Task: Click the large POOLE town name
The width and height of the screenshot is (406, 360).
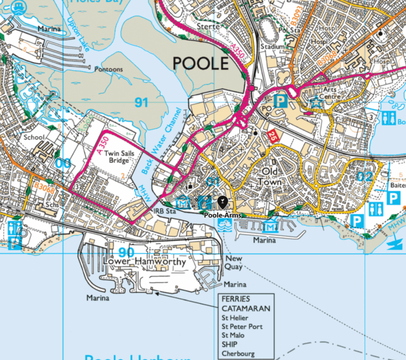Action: (200, 63)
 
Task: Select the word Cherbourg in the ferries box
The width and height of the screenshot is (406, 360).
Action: (238, 353)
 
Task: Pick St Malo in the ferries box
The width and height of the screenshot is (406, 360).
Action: (234, 336)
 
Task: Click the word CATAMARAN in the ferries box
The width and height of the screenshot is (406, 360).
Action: (245, 308)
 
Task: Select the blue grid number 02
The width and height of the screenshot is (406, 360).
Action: (364, 177)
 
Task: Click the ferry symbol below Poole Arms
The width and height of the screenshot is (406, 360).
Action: (226, 225)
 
